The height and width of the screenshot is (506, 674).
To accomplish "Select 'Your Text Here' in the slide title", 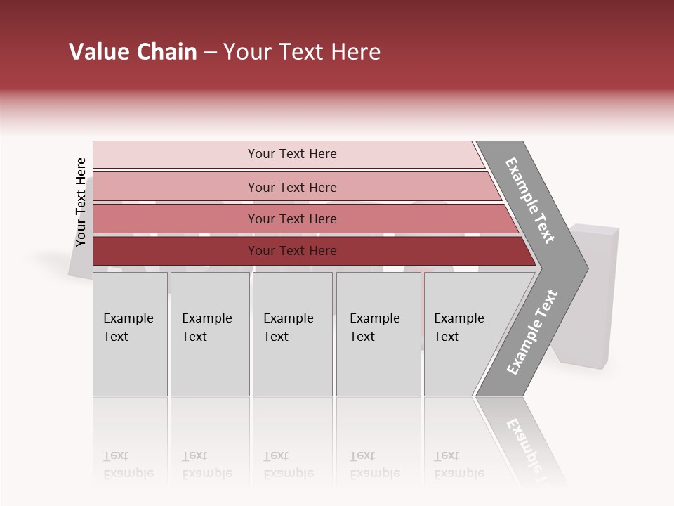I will (x=302, y=52).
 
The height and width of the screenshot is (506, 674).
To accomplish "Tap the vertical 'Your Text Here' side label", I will (x=81, y=202).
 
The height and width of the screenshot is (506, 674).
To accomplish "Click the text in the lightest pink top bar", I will (x=292, y=154).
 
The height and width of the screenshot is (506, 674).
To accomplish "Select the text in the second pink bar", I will (x=292, y=187).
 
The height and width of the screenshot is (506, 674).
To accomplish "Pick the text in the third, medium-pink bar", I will (x=292, y=219).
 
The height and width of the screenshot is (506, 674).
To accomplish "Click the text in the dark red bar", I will (x=292, y=251).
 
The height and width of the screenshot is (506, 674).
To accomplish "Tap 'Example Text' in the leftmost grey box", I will (x=128, y=327).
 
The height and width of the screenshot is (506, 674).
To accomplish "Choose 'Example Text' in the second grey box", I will (x=206, y=327).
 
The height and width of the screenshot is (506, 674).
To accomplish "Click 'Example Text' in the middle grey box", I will (x=288, y=327).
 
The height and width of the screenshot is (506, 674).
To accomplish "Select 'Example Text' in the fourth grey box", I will (x=374, y=327).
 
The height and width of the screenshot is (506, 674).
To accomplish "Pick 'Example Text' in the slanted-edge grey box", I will (x=458, y=327).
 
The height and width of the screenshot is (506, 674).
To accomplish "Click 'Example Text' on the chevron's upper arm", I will (x=530, y=200).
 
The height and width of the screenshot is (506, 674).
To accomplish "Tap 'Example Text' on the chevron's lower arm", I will (x=531, y=332).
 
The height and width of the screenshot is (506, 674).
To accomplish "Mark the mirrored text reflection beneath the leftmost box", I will (x=128, y=465).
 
